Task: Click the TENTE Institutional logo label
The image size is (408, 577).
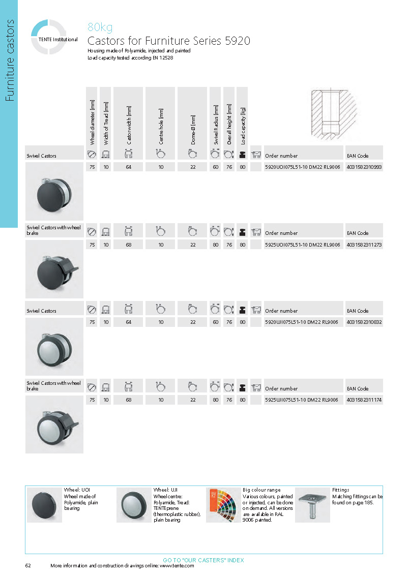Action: pos(58,39)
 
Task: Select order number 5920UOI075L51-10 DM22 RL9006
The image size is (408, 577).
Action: pos(302,167)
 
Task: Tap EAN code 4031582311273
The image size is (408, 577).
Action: pos(364,245)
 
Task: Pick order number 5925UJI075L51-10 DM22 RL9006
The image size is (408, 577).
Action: pos(302,400)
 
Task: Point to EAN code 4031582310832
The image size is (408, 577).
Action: pos(364,322)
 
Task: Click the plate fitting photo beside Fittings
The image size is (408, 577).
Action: pos(312,505)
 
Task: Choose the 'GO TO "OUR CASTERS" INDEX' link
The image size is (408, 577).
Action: pos(203,560)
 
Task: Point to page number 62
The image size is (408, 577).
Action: pos(28,566)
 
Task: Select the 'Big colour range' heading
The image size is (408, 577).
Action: pos(261,490)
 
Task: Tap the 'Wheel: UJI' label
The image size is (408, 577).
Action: pos(164,490)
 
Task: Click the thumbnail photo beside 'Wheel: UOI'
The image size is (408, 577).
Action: pos(44,505)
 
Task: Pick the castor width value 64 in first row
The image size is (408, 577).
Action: pos(129,167)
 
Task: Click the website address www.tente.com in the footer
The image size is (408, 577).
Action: pos(177,566)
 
